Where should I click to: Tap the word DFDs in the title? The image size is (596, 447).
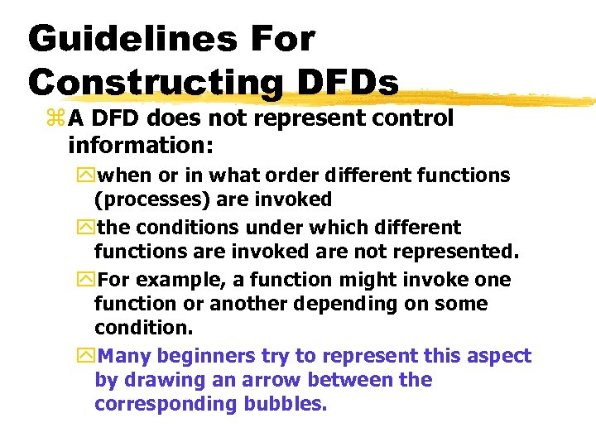pyautogui.click(x=356, y=81)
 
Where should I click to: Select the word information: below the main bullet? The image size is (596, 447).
pyautogui.click(x=141, y=147)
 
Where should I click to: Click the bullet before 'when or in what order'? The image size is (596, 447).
pyautogui.click(x=88, y=176)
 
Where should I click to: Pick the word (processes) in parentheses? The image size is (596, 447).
pyautogui.click(x=143, y=199)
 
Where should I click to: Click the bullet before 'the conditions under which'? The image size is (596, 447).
pyautogui.click(x=88, y=228)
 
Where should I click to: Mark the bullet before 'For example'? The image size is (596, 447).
pyautogui.click(x=88, y=280)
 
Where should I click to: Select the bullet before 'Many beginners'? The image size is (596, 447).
pyautogui.click(x=88, y=357)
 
